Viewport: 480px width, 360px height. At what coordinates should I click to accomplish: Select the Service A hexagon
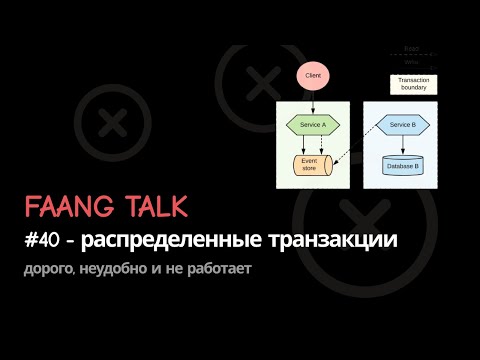(x=313, y=124)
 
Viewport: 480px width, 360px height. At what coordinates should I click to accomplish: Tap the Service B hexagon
(x=402, y=124)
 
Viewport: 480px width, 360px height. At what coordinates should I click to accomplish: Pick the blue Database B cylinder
(x=402, y=165)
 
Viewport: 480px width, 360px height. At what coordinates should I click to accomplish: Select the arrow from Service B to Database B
(x=402, y=144)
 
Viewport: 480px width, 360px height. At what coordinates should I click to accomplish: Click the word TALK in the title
(x=154, y=208)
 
